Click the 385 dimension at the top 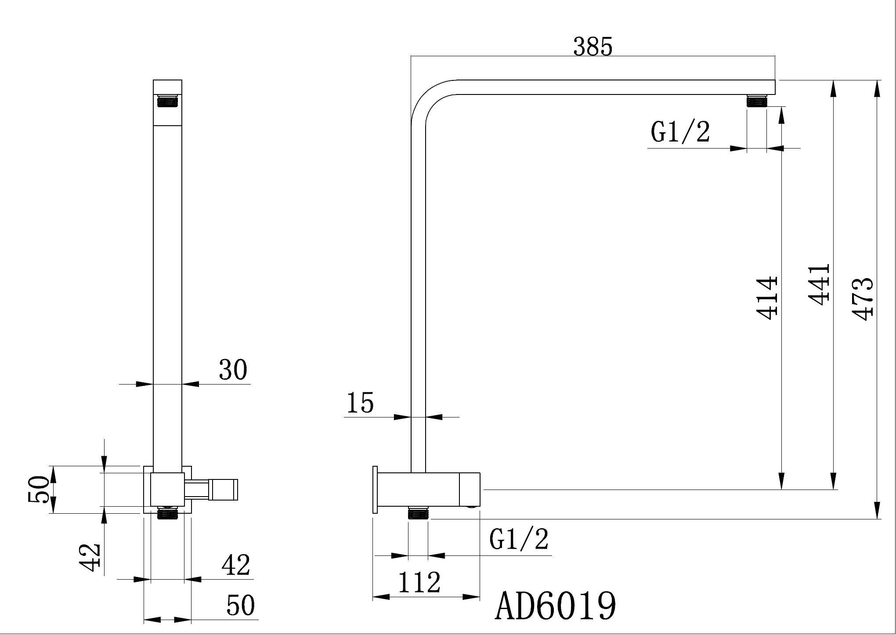tap(592, 47)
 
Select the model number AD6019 tap(556, 606)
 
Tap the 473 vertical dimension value tap(861, 298)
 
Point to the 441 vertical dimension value tap(819, 284)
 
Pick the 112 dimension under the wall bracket tap(419, 583)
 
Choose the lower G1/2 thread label tap(519, 539)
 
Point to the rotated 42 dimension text tap(90, 557)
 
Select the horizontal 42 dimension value tap(235, 565)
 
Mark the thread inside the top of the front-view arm tap(167, 101)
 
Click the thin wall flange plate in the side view tap(375, 490)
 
